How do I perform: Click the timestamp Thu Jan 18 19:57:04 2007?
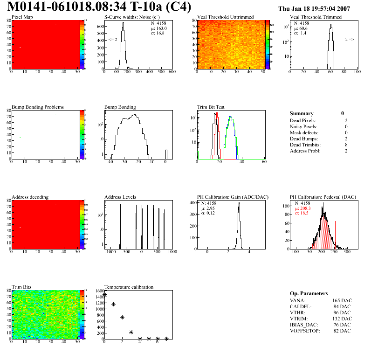click(x=314, y=8)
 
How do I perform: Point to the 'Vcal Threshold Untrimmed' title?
click(x=226, y=17)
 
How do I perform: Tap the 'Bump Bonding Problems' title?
click(x=38, y=107)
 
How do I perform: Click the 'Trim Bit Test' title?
click(x=211, y=107)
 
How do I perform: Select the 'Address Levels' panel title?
click(x=120, y=197)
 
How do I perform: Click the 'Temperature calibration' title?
click(x=129, y=287)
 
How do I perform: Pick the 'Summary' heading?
click(x=302, y=113)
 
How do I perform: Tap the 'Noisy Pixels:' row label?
click(x=303, y=126)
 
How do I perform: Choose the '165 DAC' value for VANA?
click(x=340, y=300)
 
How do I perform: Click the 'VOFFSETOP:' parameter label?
click(x=305, y=330)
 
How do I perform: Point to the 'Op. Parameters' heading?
click(x=309, y=293)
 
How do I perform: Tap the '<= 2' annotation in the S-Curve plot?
click(x=113, y=40)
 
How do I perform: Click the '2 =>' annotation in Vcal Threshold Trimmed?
click(x=350, y=40)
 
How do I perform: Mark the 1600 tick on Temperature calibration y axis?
click(x=100, y=291)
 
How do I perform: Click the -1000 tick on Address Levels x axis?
click(x=110, y=252)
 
